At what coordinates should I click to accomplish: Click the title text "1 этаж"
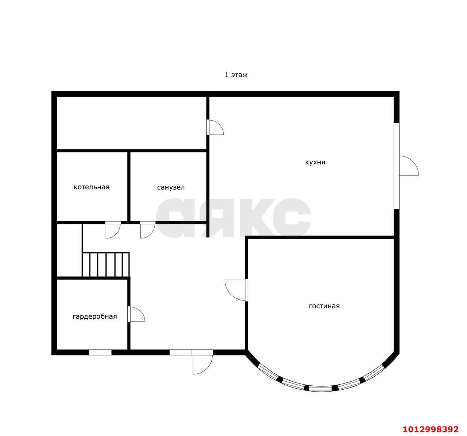236,75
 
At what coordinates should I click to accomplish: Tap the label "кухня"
315,162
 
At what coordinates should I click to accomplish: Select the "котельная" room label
92,187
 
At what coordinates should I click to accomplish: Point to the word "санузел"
171,187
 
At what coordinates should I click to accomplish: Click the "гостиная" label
324,306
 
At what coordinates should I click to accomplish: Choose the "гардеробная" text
95,316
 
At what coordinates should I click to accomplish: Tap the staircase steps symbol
105,264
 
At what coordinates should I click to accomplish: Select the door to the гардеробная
136,314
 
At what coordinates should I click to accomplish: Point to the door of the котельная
113,230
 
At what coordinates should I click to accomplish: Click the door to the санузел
148,230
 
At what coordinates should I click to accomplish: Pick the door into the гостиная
236,290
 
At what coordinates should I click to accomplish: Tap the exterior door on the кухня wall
409,166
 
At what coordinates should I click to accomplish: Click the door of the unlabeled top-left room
215,127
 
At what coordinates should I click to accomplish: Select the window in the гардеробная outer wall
100,352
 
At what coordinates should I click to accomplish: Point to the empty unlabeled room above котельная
132,123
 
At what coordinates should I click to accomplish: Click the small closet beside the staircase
69,250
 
